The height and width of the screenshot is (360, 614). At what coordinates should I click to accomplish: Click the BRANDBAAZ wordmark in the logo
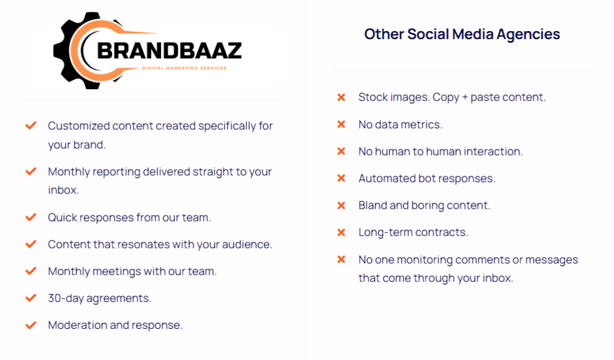pos(169,51)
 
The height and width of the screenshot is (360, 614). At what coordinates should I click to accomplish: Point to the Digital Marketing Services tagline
pos(184,68)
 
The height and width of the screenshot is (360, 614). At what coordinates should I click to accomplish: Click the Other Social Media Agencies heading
pos(462,34)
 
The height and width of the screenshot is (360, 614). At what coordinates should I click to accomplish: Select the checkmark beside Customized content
pos(31,125)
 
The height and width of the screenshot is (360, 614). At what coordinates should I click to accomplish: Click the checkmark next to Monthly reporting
pos(31,171)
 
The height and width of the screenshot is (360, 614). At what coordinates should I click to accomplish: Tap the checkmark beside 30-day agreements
pos(31,298)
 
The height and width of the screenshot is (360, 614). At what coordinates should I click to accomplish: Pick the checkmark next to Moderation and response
pos(31,325)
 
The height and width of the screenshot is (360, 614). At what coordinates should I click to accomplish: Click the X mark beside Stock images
pos(341,97)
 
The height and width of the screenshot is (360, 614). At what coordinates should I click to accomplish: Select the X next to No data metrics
pos(341,124)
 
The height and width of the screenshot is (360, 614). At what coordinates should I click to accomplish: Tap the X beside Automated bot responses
pos(341,178)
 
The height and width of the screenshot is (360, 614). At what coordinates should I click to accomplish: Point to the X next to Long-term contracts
pos(341,232)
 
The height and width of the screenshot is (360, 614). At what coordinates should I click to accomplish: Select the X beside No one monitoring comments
pos(341,259)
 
